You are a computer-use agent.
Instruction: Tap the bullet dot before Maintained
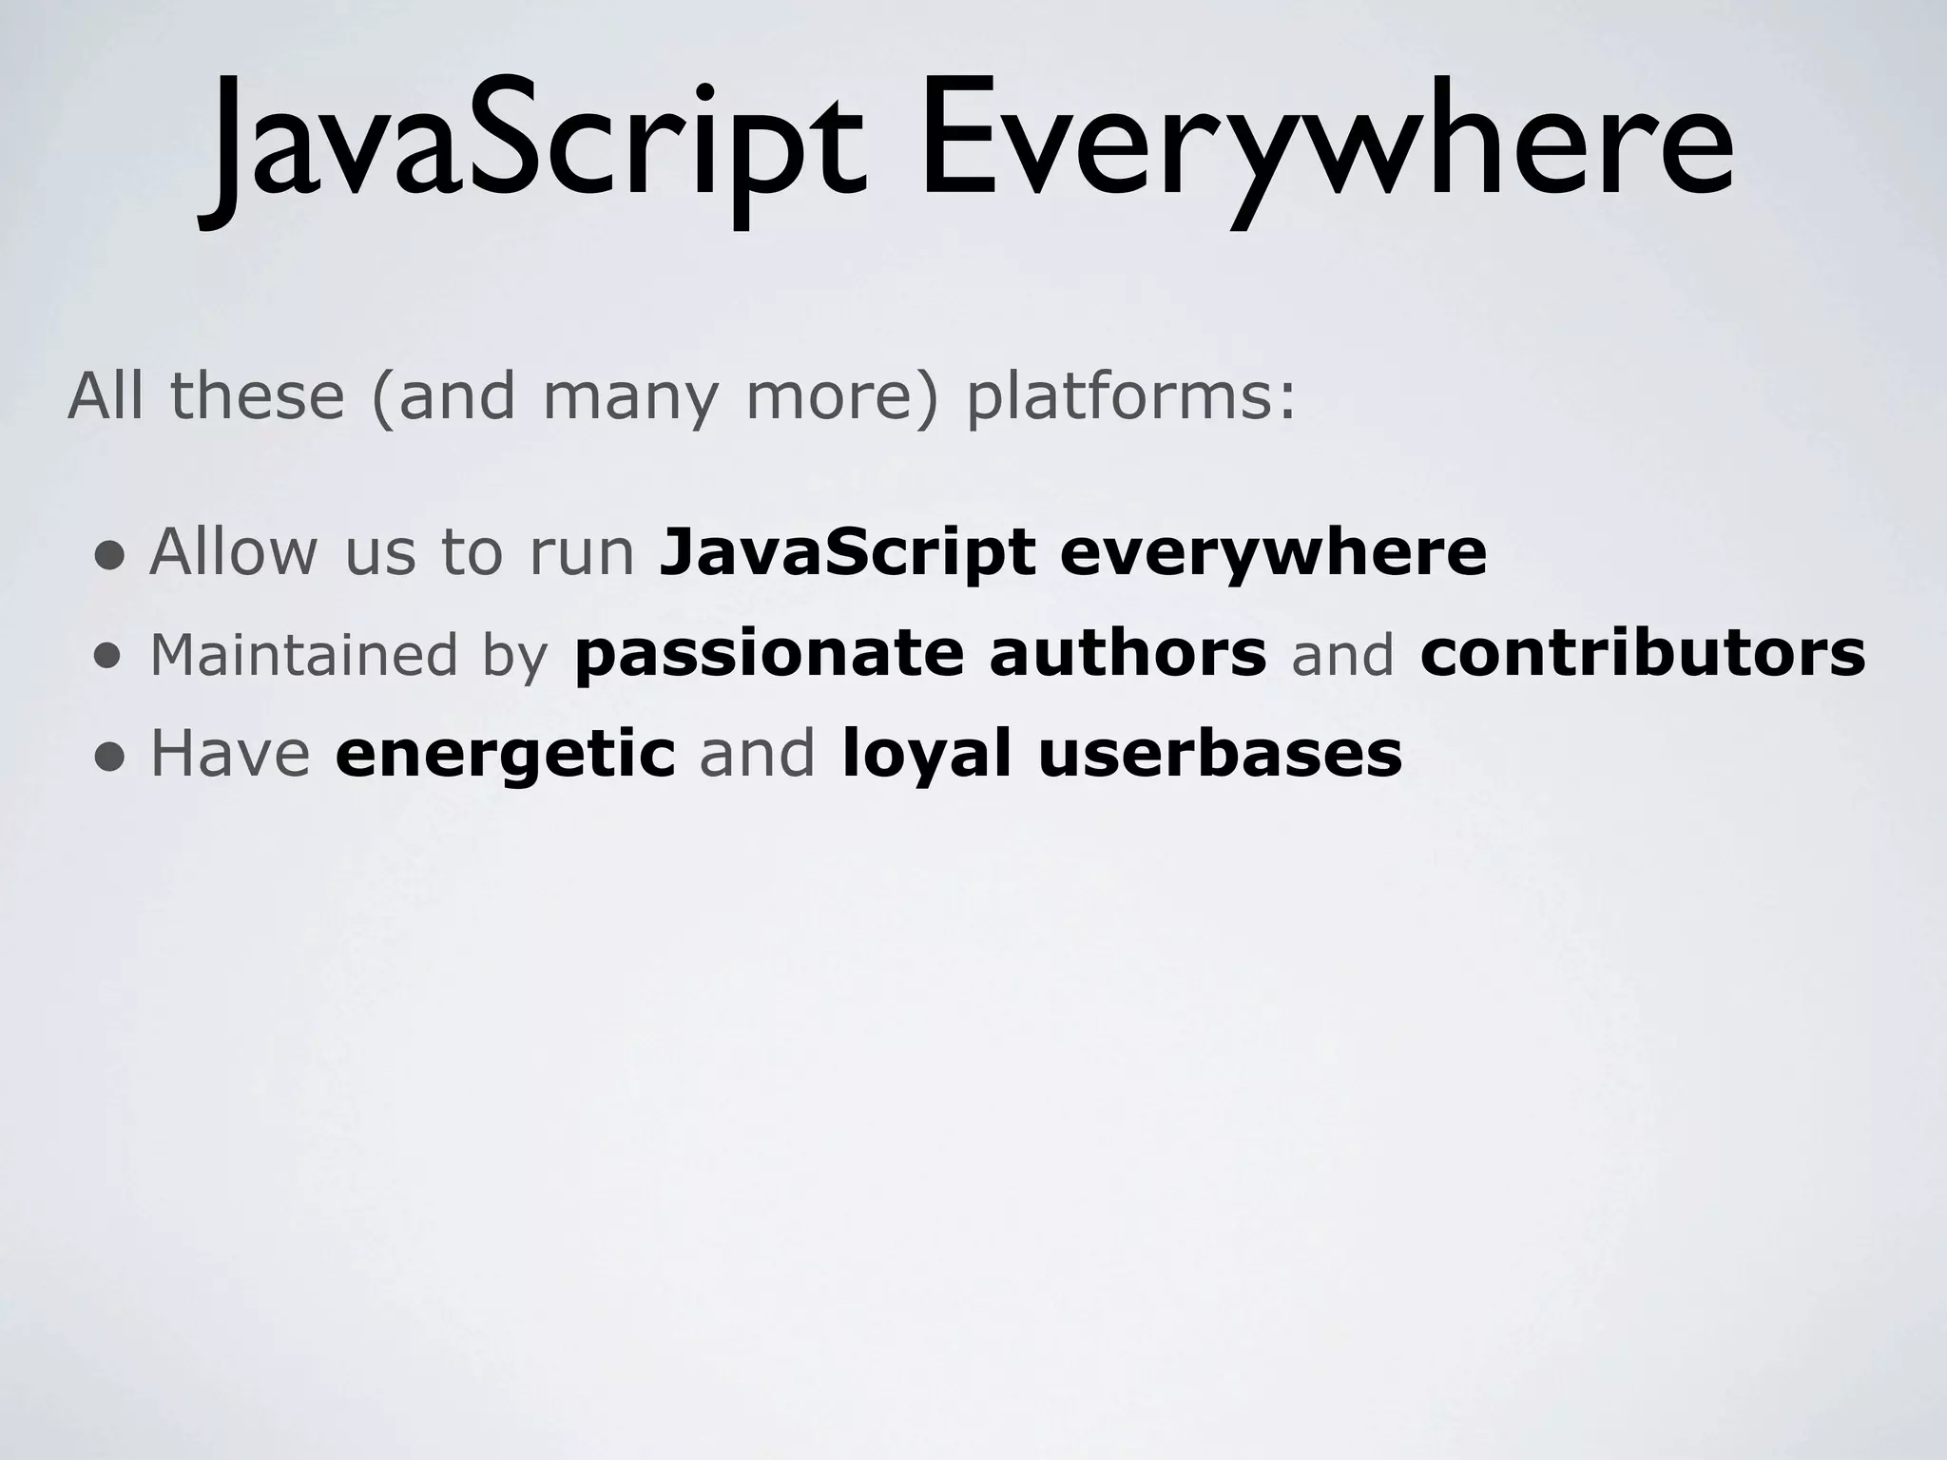click(109, 657)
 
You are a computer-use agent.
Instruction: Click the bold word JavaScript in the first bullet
click(847, 553)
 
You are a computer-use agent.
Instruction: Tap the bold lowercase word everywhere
click(1273, 553)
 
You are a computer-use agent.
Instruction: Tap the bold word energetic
click(505, 756)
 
